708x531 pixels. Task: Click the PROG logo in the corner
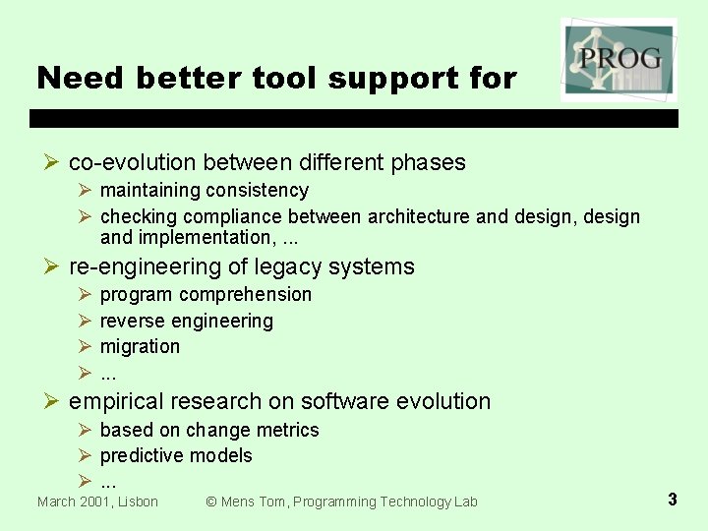coord(619,59)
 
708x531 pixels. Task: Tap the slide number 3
coord(672,500)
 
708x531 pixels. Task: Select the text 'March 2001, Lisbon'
coord(97,501)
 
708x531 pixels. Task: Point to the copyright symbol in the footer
coord(210,501)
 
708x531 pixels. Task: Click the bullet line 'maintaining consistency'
coord(205,190)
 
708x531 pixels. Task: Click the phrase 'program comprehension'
coord(206,294)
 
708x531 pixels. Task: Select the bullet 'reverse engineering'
coord(187,321)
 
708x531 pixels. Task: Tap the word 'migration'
coord(140,346)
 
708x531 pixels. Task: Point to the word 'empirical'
coord(116,401)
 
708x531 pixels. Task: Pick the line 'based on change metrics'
coord(209,430)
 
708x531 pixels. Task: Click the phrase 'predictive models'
coord(176,455)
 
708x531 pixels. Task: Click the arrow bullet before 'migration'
coord(85,346)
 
